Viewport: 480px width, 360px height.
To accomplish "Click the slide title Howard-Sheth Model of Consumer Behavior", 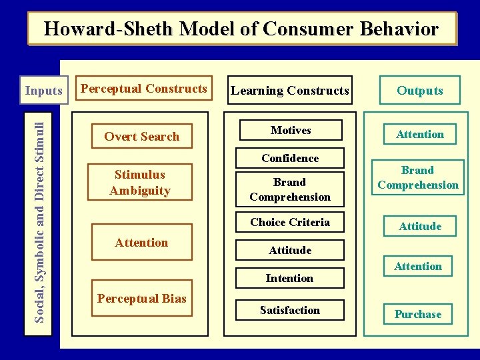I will (x=241, y=29).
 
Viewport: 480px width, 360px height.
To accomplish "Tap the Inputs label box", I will (x=43, y=91).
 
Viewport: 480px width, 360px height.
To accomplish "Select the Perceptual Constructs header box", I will (x=143, y=89).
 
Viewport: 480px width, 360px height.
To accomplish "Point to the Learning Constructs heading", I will (x=289, y=91).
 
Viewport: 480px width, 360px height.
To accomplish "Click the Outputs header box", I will (x=419, y=91).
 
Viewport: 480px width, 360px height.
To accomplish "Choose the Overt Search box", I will (x=142, y=137).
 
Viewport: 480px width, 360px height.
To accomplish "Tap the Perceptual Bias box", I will (x=142, y=298).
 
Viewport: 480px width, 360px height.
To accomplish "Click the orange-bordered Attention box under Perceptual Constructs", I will (x=142, y=243).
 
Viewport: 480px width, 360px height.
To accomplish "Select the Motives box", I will (x=290, y=130).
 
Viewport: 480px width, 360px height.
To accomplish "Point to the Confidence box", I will (x=290, y=158).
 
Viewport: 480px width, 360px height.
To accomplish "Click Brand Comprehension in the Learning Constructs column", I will (x=290, y=189).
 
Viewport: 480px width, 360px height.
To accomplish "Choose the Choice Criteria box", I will (x=290, y=222).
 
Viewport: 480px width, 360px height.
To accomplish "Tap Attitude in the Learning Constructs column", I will (x=290, y=250).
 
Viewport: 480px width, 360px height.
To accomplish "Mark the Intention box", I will (x=290, y=278).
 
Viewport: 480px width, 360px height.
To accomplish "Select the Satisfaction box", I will (x=290, y=310).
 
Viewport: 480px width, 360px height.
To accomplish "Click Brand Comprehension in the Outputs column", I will (x=418, y=178).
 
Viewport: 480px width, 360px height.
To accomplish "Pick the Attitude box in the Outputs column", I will (x=420, y=226).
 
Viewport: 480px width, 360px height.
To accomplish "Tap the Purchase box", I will (x=418, y=314).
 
